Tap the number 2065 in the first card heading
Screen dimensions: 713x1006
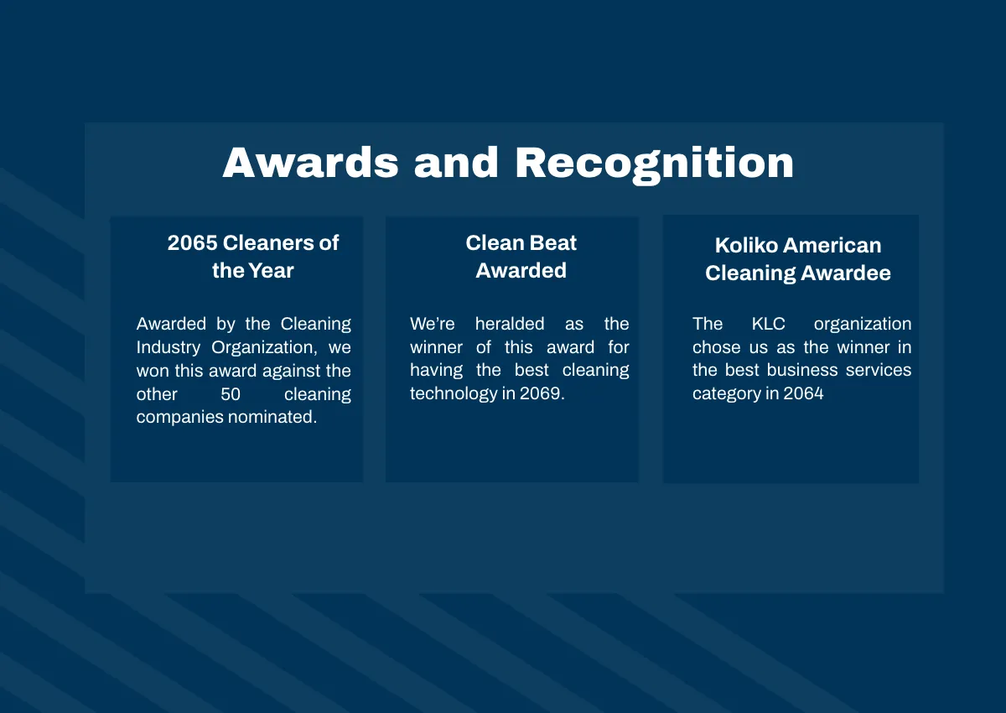192,243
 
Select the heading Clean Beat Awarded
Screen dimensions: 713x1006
521,257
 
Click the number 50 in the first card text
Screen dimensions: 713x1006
231,393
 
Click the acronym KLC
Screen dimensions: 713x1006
768,324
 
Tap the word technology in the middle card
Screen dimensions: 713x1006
454,393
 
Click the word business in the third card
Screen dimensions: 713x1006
801,370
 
